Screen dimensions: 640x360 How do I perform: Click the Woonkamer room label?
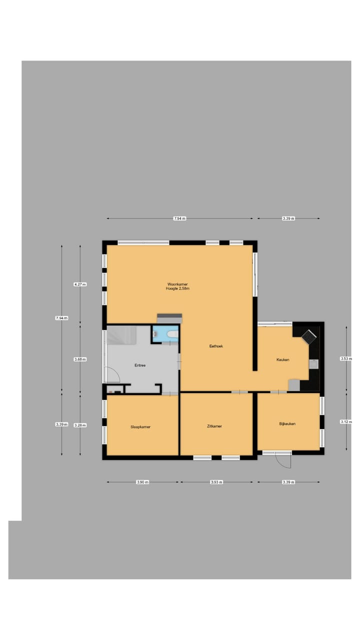pyautogui.click(x=177, y=284)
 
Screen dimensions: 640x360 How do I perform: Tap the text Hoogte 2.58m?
pyautogui.click(x=178, y=288)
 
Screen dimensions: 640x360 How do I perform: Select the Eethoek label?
pyautogui.click(x=216, y=346)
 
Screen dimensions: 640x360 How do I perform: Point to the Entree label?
pyautogui.click(x=140, y=365)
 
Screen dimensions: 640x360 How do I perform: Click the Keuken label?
pyautogui.click(x=282, y=360)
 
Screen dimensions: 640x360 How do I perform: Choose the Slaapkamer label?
pyautogui.click(x=140, y=427)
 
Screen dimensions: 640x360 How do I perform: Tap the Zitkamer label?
pyautogui.click(x=214, y=426)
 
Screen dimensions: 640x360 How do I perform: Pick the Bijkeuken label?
pyautogui.click(x=287, y=424)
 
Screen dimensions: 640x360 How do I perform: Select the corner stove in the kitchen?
pyautogui.click(x=309, y=336)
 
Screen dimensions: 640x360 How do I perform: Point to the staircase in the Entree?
pyautogui.click(x=121, y=335)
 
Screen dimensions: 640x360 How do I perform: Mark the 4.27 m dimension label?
pyautogui.click(x=80, y=284)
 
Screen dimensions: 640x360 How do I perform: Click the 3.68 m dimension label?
pyautogui.click(x=80, y=359)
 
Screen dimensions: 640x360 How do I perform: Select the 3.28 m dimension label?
pyautogui.click(x=80, y=425)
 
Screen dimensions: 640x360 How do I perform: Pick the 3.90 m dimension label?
pyautogui.click(x=142, y=482)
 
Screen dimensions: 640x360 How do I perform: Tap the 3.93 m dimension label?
pyautogui.click(x=216, y=482)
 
